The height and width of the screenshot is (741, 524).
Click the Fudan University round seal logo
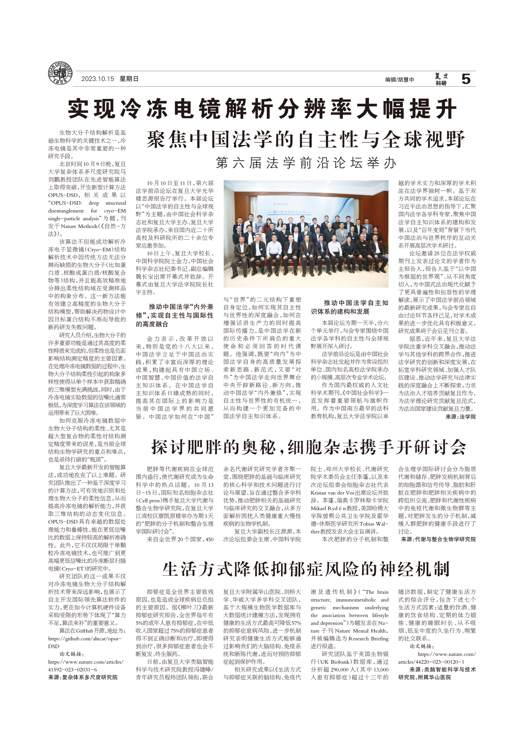pyautogui.click(x=60, y=73)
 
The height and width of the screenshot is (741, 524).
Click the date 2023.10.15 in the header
pyautogui.click(x=97, y=79)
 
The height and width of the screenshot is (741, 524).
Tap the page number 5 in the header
pyautogui.click(x=466, y=79)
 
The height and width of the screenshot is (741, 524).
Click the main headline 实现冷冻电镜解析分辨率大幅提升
pyautogui.click(x=262, y=109)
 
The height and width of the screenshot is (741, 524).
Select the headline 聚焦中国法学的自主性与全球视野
pyautogui.click(x=305, y=140)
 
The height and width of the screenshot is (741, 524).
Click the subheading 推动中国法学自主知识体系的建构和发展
pyautogui.click(x=350, y=307)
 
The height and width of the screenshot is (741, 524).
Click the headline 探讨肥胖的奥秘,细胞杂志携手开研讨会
pyautogui.click(x=309, y=448)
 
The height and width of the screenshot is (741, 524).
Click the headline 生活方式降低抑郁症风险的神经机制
pyautogui.click(x=305, y=569)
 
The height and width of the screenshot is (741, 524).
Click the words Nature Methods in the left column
pyautogui.click(x=79, y=226)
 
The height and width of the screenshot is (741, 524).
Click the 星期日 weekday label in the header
pyautogui.click(x=129, y=79)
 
